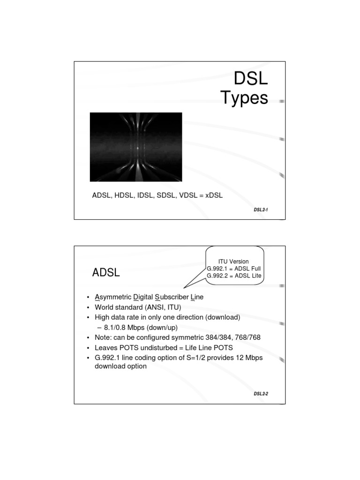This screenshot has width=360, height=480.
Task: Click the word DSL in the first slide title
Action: [x=251, y=78]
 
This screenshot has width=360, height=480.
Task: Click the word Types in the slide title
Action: [x=244, y=98]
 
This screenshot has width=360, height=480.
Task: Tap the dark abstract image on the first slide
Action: [x=136, y=147]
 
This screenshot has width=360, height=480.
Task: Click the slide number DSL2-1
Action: [x=261, y=210]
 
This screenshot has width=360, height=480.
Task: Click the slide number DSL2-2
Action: [x=261, y=394]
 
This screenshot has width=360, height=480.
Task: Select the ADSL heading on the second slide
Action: [x=106, y=273]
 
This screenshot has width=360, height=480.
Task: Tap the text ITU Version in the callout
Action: [x=233, y=261]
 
